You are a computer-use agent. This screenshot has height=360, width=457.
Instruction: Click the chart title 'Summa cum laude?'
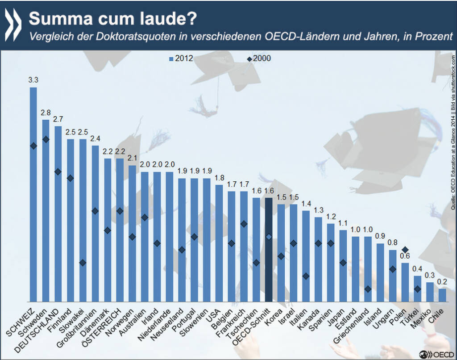pyautogui.click(x=112, y=18)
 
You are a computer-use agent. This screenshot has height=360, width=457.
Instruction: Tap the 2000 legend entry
pyautogui.click(x=259, y=58)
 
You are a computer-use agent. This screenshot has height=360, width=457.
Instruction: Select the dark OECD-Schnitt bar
pyautogui.click(x=269, y=250)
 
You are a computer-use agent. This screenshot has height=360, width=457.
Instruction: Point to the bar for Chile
pyautogui.click(x=442, y=295)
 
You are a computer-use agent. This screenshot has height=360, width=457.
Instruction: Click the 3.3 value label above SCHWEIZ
pyautogui.click(x=33, y=80)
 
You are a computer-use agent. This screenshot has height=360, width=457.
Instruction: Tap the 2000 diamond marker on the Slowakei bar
pyautogui.click(x=83, y=263)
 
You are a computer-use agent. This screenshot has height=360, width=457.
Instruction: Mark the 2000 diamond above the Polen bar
pyautogui.click(x=405, y=250)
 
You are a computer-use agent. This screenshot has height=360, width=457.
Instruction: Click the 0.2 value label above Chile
pyautogui.click(x=442, y=282)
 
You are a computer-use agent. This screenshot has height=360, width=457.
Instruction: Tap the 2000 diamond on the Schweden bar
pyautogui.click(x=46, y=139)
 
